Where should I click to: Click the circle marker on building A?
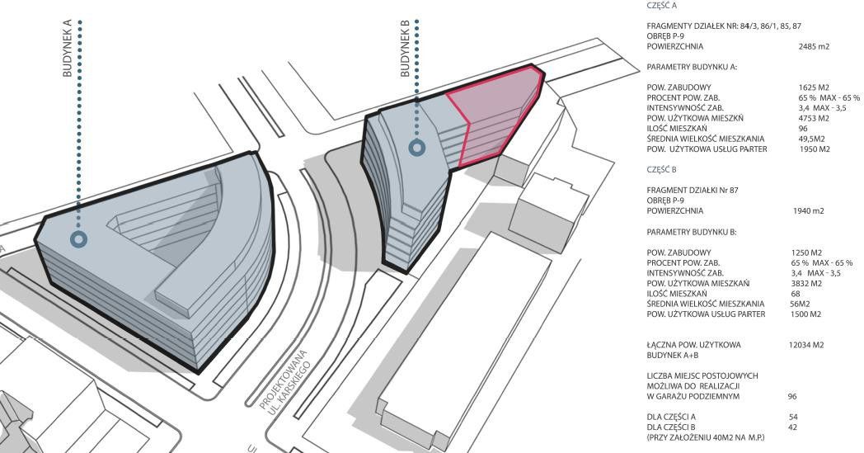78,239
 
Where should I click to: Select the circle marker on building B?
418,149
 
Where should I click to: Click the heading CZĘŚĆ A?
661,5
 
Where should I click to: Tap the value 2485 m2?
814,47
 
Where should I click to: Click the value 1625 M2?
813,87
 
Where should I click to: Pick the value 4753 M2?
813,118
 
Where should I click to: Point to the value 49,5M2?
812,139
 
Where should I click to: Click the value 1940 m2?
808,211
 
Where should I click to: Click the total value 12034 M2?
806,344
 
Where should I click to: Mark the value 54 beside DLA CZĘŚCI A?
792,417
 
